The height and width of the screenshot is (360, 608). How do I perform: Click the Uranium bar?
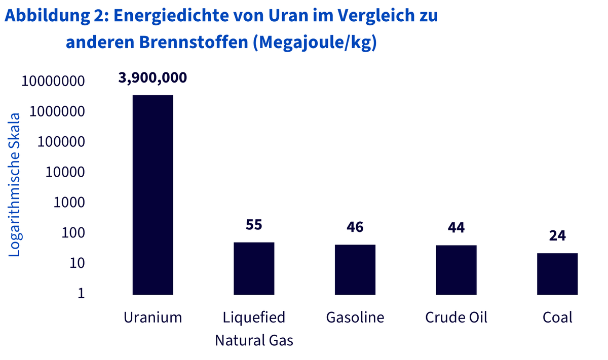153,195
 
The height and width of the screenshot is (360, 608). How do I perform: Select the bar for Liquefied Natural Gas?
254,268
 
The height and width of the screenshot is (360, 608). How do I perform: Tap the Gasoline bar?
355,270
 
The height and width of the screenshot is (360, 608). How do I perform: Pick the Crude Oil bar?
457,270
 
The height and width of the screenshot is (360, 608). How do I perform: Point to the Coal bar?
557,274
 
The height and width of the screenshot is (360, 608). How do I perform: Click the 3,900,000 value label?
153,78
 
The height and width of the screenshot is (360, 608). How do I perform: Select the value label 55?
254,225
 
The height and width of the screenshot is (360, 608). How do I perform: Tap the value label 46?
355,227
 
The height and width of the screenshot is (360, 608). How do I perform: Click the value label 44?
457,228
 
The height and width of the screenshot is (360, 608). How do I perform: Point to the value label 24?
557,235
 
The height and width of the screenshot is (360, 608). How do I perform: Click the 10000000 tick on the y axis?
53,81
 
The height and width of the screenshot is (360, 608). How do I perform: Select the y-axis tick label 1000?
69,203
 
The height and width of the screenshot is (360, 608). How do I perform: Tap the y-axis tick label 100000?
61,142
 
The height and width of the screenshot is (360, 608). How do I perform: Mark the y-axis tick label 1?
82,293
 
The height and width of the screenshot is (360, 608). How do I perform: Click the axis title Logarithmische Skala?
14,185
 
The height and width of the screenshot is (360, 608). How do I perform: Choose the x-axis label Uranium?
153,317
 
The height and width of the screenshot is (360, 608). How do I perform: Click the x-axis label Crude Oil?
457,317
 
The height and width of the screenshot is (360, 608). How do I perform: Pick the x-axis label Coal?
557,317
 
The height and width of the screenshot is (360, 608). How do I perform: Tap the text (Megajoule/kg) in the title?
315,43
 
